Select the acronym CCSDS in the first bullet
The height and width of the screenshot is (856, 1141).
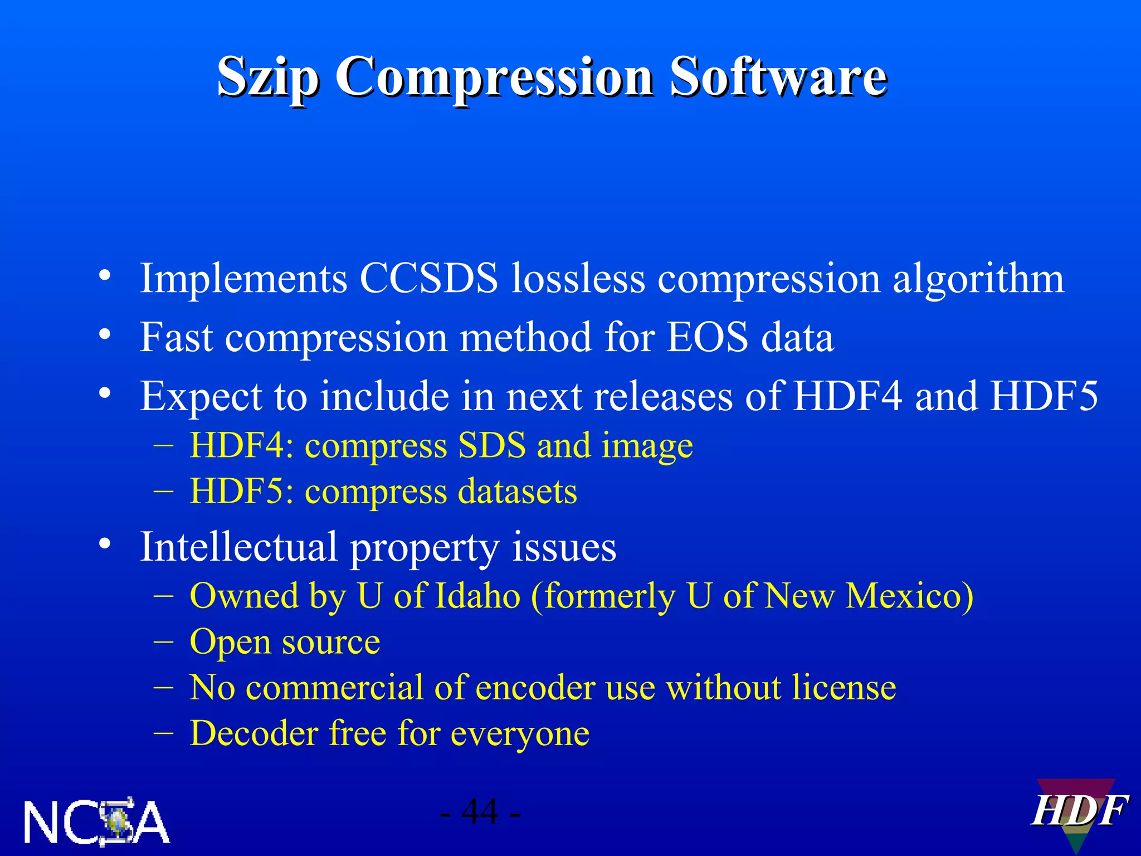point(428,278)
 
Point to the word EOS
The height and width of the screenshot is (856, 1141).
point(707,337)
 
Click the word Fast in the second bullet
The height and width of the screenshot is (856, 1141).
point(176,337)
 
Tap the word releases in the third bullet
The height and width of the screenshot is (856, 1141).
point(663,396)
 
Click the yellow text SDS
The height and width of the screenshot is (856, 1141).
point(491,445)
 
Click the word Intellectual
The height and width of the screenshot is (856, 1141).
point(238,547)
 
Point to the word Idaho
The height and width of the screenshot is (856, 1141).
point(477,596)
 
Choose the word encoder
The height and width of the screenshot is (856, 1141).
point(535,687)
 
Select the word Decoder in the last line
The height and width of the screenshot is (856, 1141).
point(253,733)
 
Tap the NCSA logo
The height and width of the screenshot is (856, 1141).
point(96,821)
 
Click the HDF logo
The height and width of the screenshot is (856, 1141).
point(1077,813)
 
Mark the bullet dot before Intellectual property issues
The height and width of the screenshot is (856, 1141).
point(105,543)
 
